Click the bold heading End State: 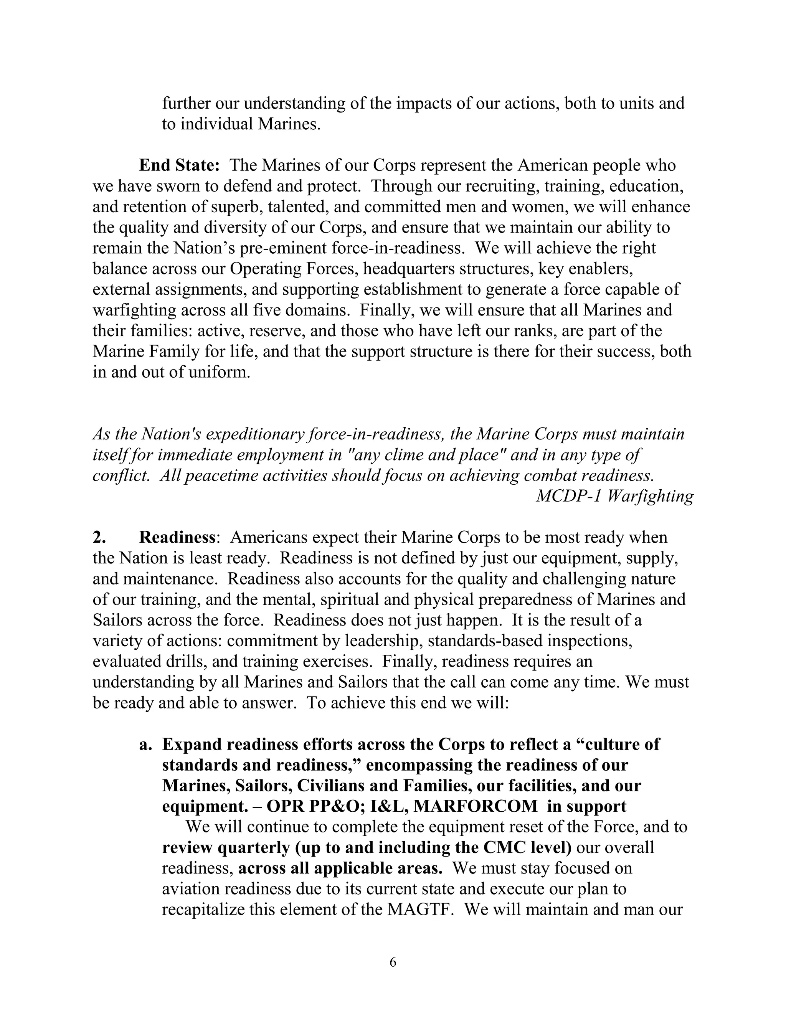(x=179, y=165)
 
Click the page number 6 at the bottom (x=393, y=962)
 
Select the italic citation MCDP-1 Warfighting (x=615, y=496)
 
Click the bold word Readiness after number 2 (x=177, y=537)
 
